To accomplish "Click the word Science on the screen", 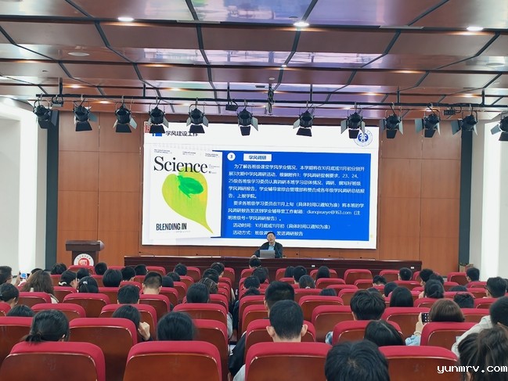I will [180, 164].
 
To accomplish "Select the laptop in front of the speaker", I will [267, 253].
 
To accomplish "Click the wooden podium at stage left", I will [84, 252].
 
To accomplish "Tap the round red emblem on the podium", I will [84, 258].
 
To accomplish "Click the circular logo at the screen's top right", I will [362, 138].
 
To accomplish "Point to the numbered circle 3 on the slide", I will [231, 156].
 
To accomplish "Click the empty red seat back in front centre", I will [172, 361].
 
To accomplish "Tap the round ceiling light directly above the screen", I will [301, 24].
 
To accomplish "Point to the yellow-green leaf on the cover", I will [186, 196].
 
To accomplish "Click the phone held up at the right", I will [424, 318].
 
